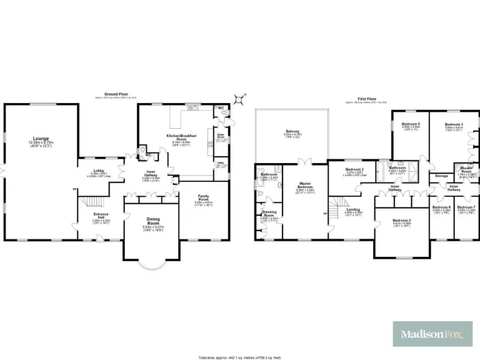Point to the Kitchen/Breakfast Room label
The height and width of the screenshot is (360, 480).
click(x=182, y=137)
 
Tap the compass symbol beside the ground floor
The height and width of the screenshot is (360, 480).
click(x=238, y=99)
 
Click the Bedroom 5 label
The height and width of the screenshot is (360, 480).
click(x=410, y=124)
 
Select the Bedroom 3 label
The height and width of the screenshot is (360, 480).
click(x=454, y=124)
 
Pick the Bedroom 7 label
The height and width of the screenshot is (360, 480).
click(x=465, y=207)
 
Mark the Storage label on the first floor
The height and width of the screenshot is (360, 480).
click(x=442, y=177)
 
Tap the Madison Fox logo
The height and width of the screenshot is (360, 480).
click(x=431, y=335)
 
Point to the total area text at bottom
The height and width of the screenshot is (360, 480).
click(x=239, y=357)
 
